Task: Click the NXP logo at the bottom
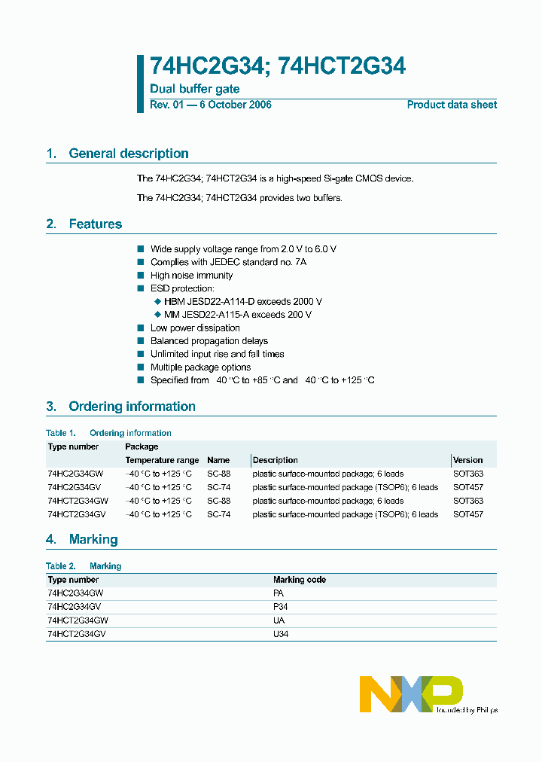(x=411, y=693)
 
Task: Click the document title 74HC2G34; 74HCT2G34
(x=278, y=66)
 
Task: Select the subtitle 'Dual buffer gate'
(x=195, y=89)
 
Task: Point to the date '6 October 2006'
(x=235, y=105)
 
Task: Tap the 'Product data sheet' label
(x=452, y=105)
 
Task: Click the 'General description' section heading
(x=128, y=154)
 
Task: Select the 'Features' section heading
(x=95, y=224)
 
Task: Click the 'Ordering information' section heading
(x=132, y=407)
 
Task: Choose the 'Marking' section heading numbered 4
(x=93, y=539)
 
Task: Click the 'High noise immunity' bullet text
(x=191, y=276)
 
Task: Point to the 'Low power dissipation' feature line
(x=195, y=328)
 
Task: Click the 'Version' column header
(x=468, y=460)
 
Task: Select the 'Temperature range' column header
(x=162, y=460)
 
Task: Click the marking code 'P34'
(x=280, y=606)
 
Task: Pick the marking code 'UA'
(x=279, y=620)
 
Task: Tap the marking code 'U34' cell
(x=280, y=634)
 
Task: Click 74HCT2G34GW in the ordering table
(x=78, y=501)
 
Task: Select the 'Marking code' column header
(x=299, y=580)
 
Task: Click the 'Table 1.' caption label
(x=61, y=433)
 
